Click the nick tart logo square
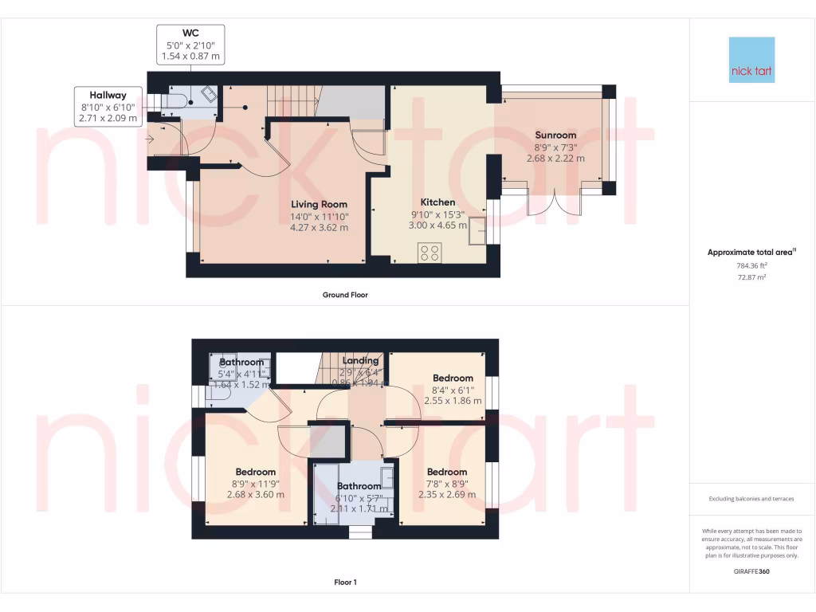751,60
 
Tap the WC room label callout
190,45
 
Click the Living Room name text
319,204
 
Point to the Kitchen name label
437,202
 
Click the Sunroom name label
555,135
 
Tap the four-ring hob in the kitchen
430,253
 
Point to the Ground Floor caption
344,295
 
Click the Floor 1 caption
345,583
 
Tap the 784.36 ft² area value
752,265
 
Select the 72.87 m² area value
752,277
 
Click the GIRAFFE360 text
752,571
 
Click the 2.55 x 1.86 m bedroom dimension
453,401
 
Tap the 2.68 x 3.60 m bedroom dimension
255,494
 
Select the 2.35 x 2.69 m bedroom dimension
447,494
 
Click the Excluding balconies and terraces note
752,499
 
